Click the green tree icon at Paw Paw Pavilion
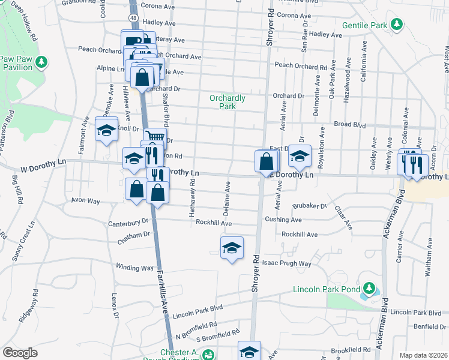pos(41,61)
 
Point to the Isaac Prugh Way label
pos(287,263)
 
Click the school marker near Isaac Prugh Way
pos(231,248)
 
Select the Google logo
pos(20,353)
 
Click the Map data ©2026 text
pos(423,355)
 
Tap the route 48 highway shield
pos(133,18)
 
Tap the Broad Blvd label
pos(350,125)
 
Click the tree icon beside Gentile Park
pos(396,24)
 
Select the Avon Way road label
pos(85,201)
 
